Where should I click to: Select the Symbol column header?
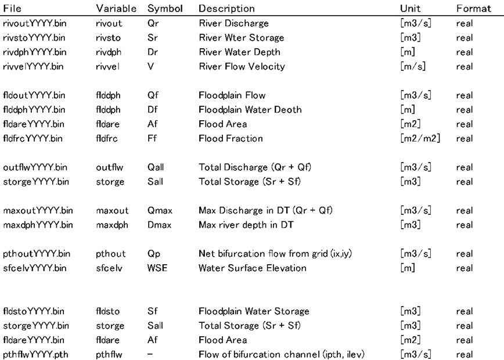point(165,9)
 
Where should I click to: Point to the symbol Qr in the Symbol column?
point(153,23)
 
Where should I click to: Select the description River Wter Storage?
point(242,38)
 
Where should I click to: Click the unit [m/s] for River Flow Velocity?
point(413,66)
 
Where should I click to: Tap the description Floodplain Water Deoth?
point(250,110)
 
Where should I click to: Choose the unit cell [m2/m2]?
point(419,138)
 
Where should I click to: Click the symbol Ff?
point(152,138)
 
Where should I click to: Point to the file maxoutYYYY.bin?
point(38,210)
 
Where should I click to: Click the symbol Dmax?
point(158,225)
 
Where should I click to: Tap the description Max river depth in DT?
point(246,225)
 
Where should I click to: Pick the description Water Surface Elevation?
point(253,268)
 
